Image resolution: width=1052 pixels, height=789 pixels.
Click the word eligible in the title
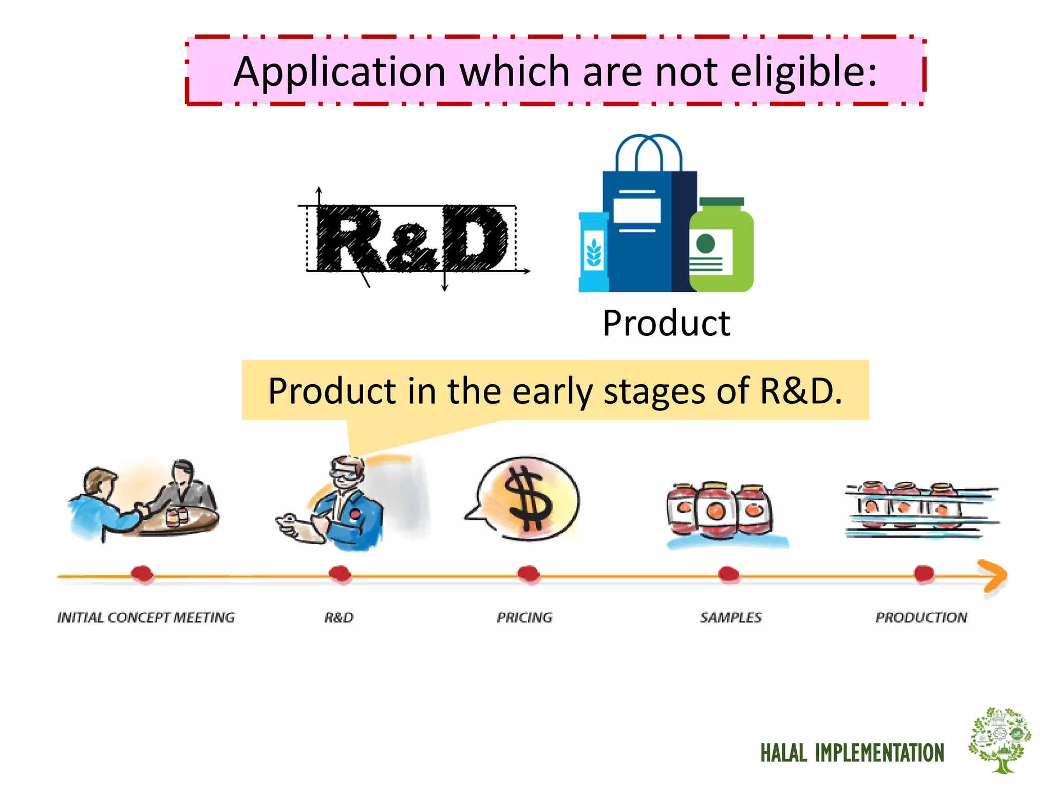click(x=803, y=72)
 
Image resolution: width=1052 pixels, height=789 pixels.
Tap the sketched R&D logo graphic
click(x=412, y=239)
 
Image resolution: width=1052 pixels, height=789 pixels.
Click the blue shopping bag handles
click(x=649, y=152)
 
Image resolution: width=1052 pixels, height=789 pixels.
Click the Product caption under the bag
click(x=666, y=324)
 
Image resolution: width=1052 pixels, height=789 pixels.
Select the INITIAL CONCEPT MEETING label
click(x=146, y=617)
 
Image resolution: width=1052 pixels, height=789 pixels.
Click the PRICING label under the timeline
click(x=524, y=617)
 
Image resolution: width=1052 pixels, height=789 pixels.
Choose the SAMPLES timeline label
click(x=730, y=617)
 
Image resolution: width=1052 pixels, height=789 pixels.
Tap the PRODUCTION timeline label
click(x=921, y=617)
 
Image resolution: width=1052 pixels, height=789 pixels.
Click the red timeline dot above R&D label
click(x=340, y=574)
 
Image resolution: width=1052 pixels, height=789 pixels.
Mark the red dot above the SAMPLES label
click(x=728, y=574)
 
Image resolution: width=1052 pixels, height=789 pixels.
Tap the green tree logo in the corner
click(x=1000, y=740)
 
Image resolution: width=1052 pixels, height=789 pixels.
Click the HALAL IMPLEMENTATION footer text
click(x=852, y=753)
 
